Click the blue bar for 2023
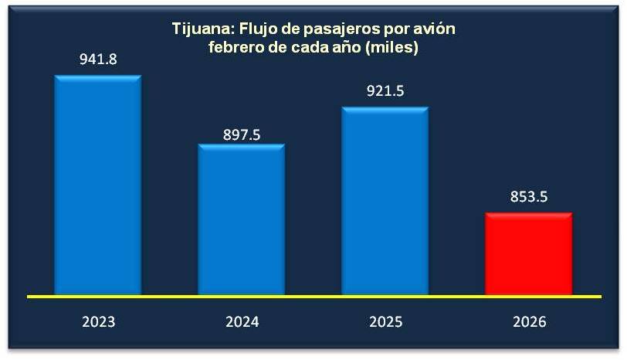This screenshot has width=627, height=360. (97, 185)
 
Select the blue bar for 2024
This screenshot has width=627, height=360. (242, 219)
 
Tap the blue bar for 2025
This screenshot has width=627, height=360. (385, 201)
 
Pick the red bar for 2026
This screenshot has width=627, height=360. (528, 253)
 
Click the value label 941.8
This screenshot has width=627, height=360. (97, 58)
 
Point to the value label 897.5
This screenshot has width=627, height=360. (241, 134)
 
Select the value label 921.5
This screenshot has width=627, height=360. (385, 91)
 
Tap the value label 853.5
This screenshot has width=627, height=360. (528, 196)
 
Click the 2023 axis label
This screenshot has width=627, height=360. (97, 321)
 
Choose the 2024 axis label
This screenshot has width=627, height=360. (241, 321)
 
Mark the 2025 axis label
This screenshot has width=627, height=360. (385, 321)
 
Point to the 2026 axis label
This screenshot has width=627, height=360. (528, 321)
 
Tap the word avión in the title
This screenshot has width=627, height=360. (434, 30)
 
